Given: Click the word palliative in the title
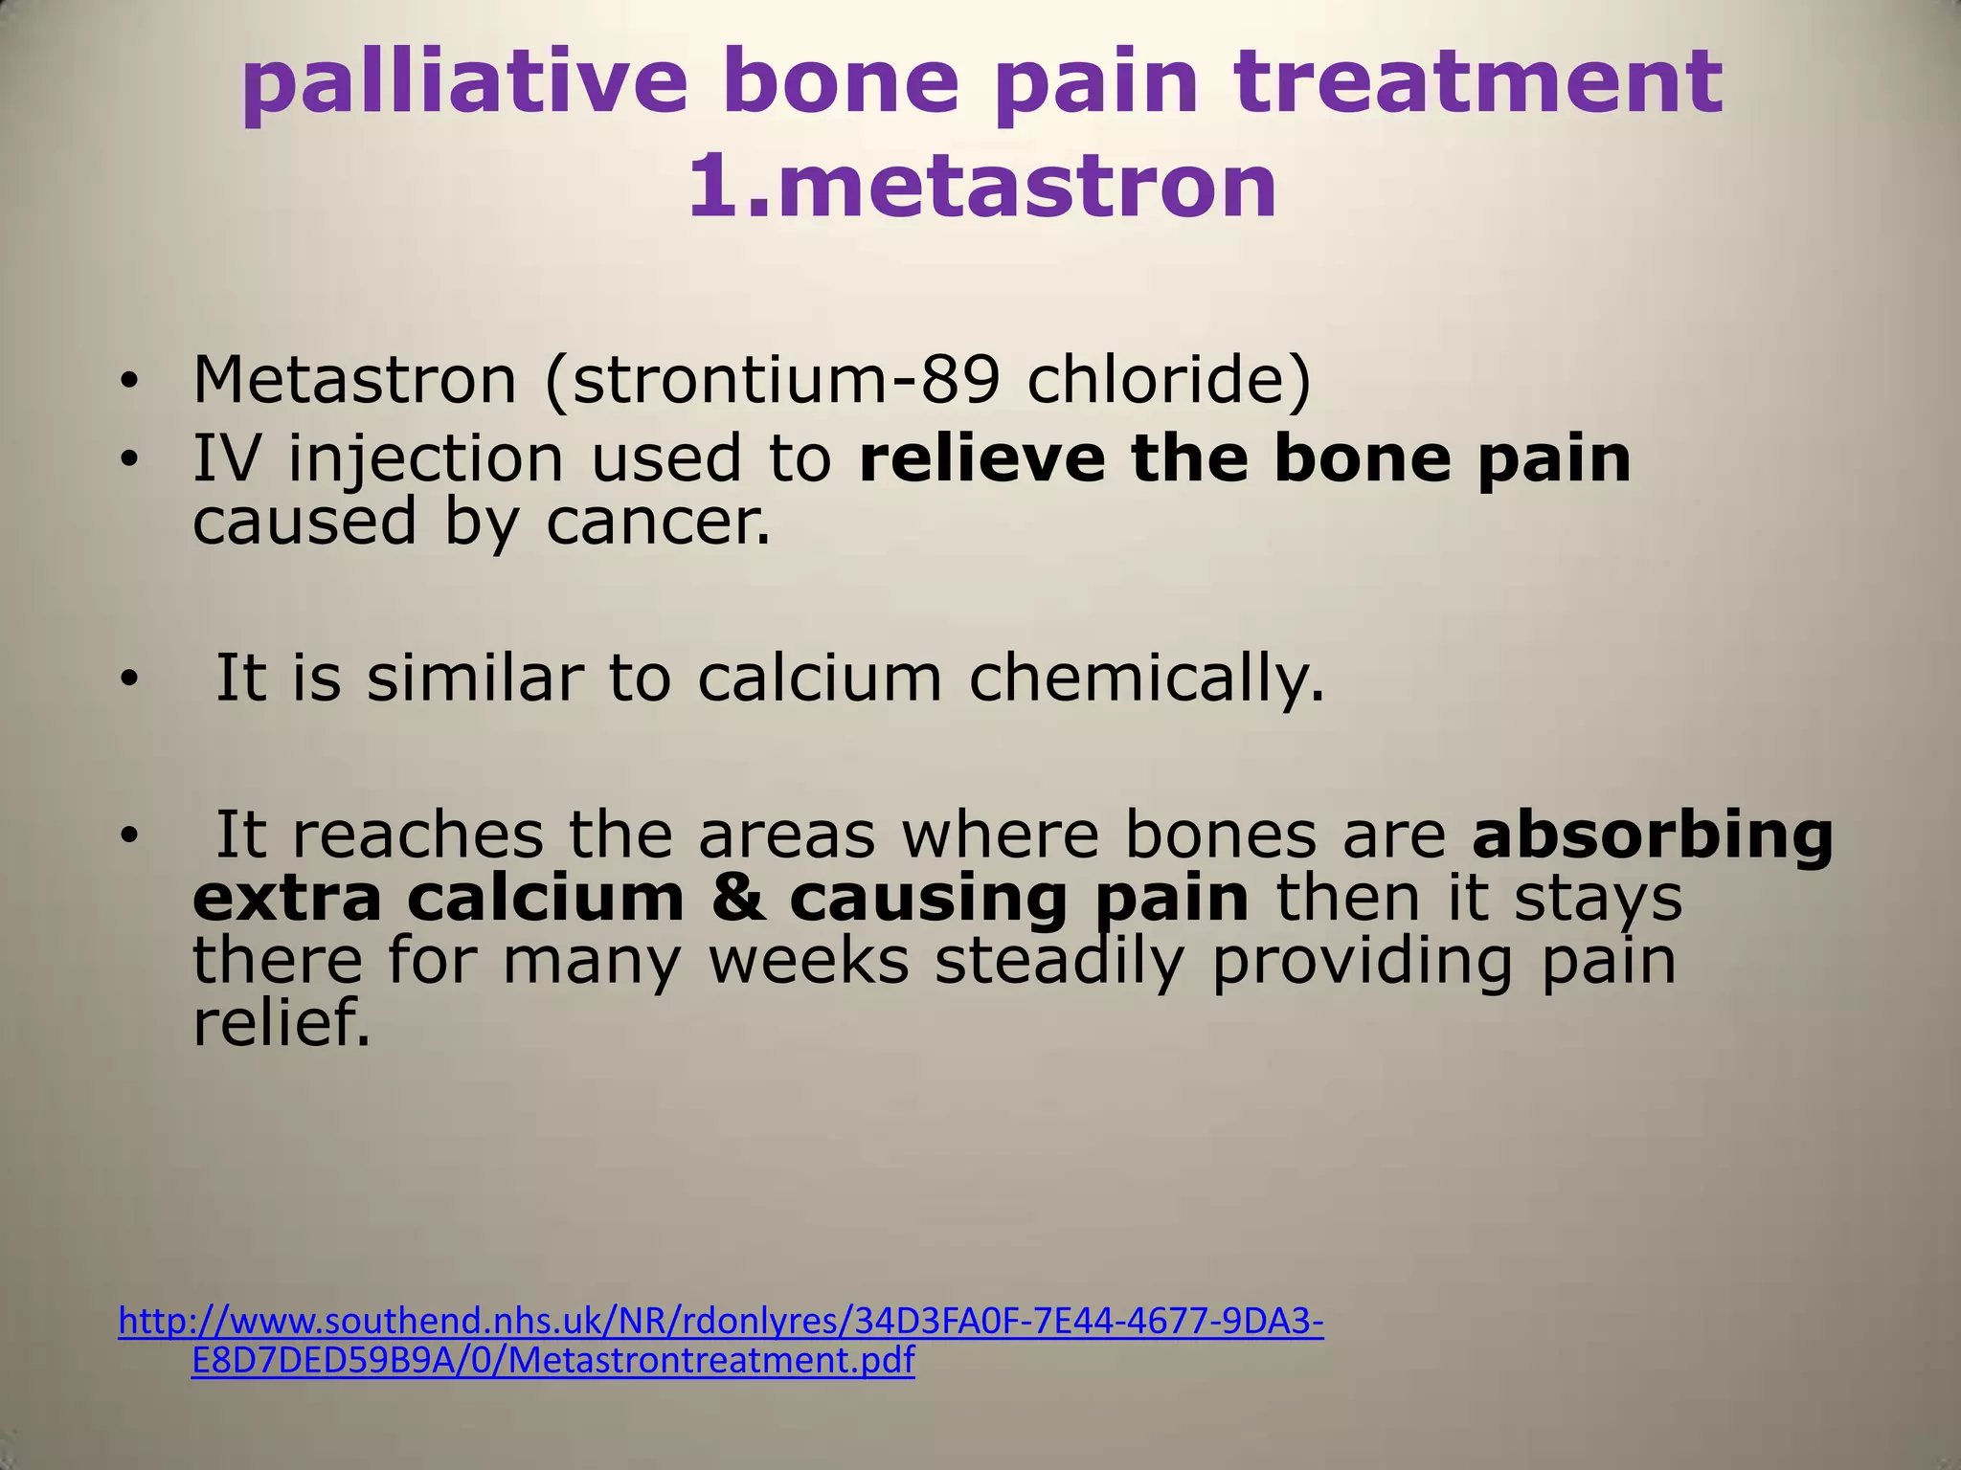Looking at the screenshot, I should tap(464, 83).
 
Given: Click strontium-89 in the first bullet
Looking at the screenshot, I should tap(772, 380).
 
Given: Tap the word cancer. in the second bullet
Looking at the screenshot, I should tap(659, 523).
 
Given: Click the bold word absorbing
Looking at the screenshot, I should tap(1652, 835).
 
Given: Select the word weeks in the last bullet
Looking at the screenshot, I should tap(809, 961).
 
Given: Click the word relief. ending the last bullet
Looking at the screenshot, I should tap(281, 1023).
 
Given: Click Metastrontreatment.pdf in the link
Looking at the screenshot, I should tap(708, 1360).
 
